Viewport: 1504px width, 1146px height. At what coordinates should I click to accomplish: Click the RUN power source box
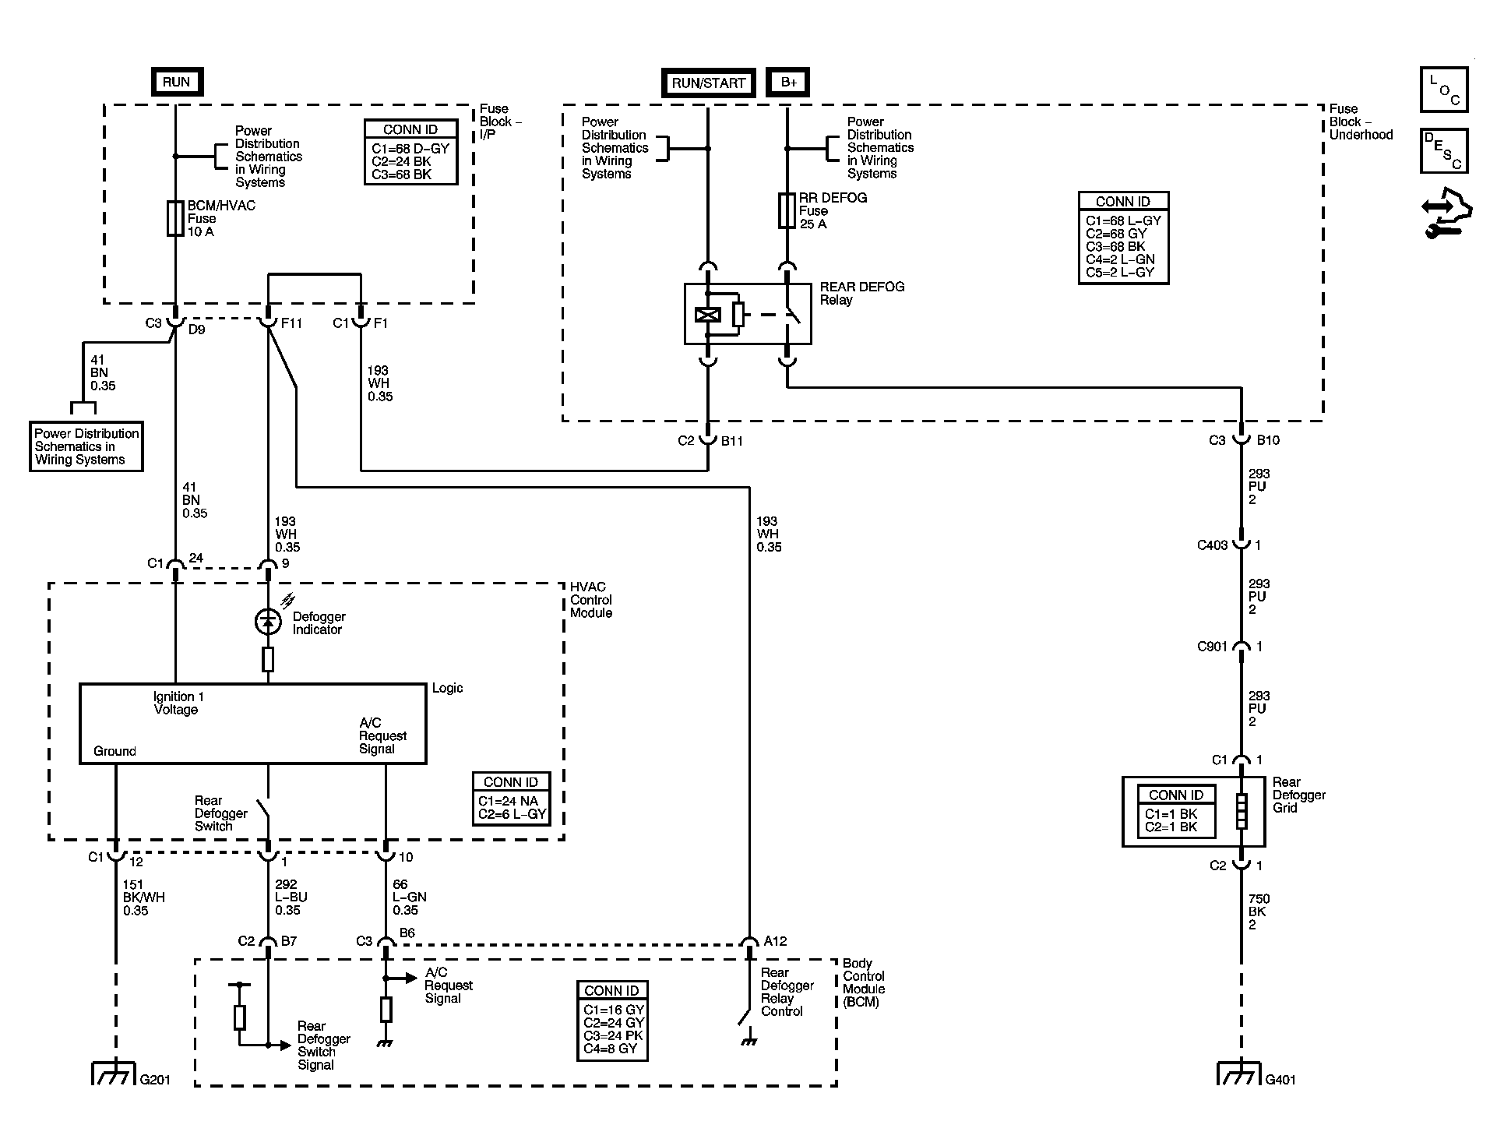(176, 82)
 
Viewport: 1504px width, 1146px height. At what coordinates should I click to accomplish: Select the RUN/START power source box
(708, 83)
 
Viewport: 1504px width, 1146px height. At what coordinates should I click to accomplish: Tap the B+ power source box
(788, 83)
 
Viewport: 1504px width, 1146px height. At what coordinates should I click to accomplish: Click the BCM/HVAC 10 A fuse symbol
(175, 218)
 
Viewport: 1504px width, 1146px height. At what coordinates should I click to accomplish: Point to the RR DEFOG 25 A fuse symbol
(787, 210)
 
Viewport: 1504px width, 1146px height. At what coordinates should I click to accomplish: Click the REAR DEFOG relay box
(748, 313)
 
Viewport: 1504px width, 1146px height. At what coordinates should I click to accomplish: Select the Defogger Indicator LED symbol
(268, 621)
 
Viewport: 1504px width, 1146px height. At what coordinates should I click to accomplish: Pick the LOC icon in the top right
(1443, 90)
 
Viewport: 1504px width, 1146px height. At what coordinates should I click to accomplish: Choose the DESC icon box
(1443, 151)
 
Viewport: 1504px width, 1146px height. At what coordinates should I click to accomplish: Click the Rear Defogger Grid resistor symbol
(1241, 811)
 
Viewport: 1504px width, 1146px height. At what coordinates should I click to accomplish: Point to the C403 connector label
(1212, 545)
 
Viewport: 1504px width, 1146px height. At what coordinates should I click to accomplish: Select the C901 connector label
(1212, 647)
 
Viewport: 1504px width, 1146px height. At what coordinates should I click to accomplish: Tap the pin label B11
(732, 441)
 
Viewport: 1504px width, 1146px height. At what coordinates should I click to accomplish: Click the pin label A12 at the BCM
(775, 941)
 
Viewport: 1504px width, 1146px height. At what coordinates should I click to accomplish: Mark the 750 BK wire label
(1258, 912)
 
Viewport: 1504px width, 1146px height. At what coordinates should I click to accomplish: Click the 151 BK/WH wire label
(144, 897)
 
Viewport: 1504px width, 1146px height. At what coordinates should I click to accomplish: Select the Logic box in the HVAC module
(253, 724)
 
